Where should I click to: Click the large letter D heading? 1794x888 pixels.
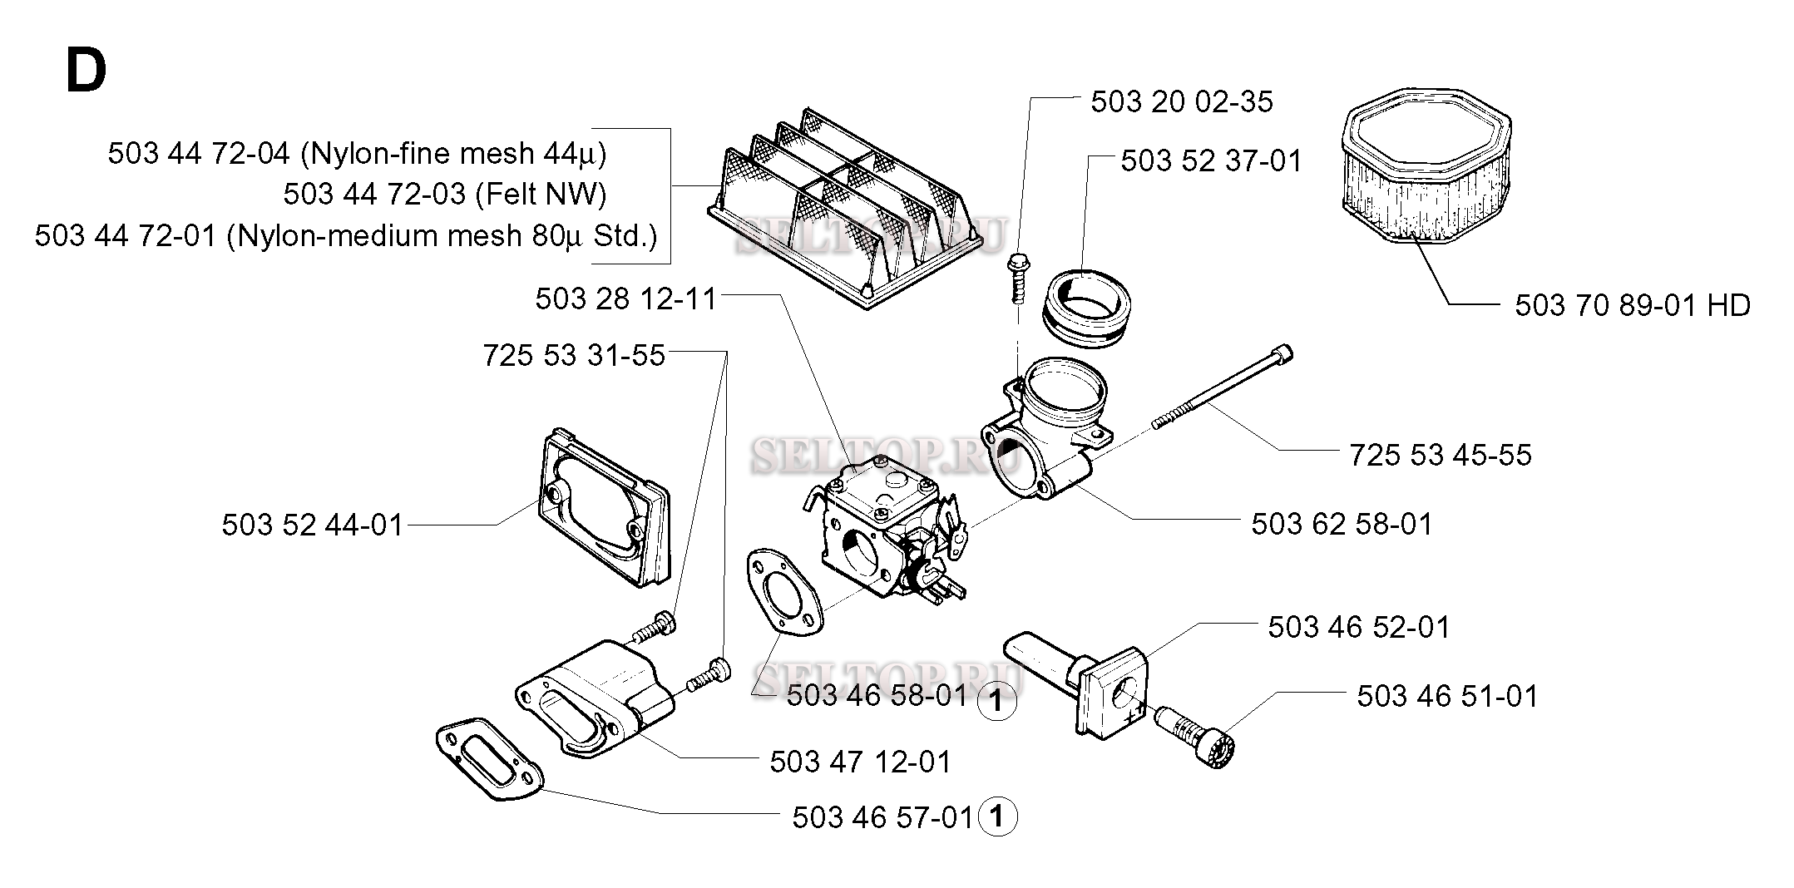point(86,72)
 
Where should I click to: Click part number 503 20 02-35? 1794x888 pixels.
point(1181,102)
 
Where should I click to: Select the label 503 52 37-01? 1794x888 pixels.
point(1210,161)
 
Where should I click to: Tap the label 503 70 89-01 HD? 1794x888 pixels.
point(1632,306)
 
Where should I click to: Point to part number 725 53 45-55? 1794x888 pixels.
point(1440,456)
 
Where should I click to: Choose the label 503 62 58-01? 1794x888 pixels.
point(1342,525)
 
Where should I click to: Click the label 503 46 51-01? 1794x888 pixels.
point(1447,697)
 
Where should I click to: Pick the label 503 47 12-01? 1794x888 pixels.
point(860,762)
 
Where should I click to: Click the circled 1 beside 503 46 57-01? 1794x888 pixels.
point(998,817)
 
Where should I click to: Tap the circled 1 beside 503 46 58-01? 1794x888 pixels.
point(996,702)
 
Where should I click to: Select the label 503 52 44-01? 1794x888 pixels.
point(312,525)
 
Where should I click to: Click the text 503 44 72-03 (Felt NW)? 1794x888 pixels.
point(444,195)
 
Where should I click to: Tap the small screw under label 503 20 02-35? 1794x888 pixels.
point(1016,279)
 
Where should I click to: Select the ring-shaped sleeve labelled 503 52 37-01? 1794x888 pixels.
point(1085,305)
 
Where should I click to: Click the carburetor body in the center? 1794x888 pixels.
point(882,532)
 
